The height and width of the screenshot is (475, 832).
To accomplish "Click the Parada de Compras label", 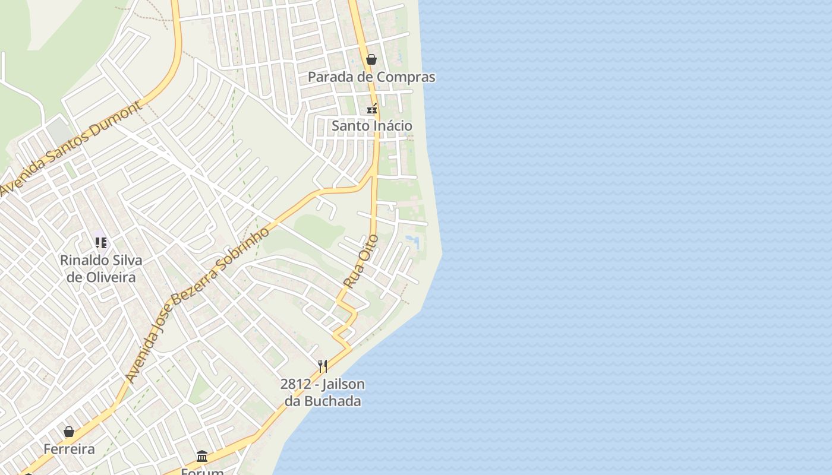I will click(x=371, y=77).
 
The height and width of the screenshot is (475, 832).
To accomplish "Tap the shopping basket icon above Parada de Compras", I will click(x=371, y=59).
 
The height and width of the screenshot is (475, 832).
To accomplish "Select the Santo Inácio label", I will click(x=371, y=126).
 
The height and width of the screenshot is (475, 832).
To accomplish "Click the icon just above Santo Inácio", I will click(x=372, y=109).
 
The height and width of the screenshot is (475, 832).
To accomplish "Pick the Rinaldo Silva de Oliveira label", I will click(x=101, y=268).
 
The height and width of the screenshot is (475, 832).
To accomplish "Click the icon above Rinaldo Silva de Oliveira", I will click(x=101, y=242).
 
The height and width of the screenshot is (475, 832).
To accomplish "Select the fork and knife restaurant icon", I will click(x=323, y=366).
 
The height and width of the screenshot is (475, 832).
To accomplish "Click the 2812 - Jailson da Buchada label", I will click(x=323, y=392).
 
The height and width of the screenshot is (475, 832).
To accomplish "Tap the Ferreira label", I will click(x=69, y=449).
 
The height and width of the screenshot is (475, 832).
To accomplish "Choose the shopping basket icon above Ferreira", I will click(x=69, y=432).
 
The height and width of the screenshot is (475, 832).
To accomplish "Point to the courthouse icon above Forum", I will click(x=202, y=456).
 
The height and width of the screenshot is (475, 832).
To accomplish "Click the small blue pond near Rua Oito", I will click(x=412, y=242).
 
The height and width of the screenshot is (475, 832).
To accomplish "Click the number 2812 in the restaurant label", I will click(x=295, y=384).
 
